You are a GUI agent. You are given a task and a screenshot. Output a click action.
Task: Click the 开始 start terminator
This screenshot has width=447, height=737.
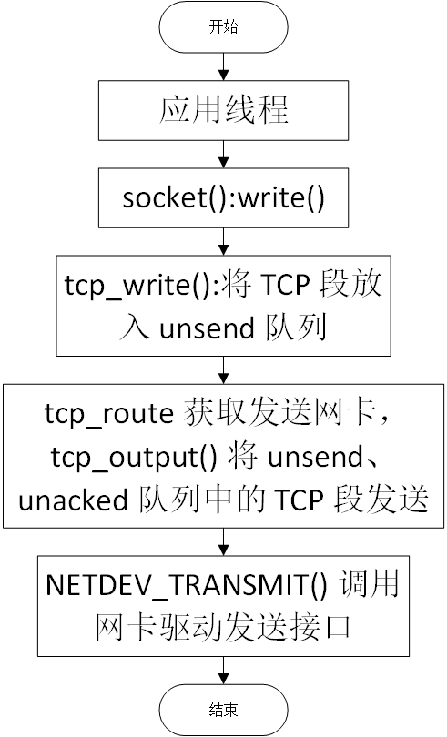pyautogui.click(x=224, y=26)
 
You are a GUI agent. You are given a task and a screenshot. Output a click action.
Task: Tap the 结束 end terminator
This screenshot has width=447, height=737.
pyautogui.click(x=224, y=710)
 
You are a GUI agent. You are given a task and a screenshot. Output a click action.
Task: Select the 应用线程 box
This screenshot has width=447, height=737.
pyautogui.click(x=224, y=110)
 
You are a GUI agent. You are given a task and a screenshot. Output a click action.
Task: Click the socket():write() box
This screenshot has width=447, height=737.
pyautogui.click(x=224, y=197)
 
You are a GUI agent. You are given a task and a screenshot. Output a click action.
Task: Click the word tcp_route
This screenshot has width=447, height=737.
pyautogui.click(x=109, y=414)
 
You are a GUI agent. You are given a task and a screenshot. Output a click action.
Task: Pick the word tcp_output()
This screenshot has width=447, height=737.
pyautogui.click(x=135, y=457)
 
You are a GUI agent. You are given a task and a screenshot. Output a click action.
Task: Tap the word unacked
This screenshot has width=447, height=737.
pyautogui.click(x=73, y=500)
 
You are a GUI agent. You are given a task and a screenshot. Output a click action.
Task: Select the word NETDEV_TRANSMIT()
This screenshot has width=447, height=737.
pyautogui.click(x=187, y=585)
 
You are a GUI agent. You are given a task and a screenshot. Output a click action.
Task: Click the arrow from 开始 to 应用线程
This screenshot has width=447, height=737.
pyautogui.click(x=224, y=66)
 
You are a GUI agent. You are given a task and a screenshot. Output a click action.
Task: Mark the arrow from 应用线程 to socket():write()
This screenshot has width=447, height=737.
pyautogui.click(x=224, y=154)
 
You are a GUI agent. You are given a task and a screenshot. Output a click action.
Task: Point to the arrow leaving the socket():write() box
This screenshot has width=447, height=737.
pyautogui.click(x=224, y=242)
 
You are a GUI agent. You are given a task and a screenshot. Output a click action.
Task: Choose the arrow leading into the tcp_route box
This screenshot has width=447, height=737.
pyautogui.click(x=224, y=370)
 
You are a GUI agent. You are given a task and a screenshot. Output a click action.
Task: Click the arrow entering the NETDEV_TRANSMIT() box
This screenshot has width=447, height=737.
pyautogui.click(x=224, y=542)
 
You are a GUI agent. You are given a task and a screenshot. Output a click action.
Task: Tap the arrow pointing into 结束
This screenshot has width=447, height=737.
pyautogui.click(x=224, y=671)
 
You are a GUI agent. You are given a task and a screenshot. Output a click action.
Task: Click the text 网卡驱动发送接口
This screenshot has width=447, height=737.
pyautogui.click(x=223, y=629)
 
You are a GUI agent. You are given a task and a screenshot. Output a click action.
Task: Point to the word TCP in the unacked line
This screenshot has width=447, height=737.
pyautogui.click(x=300, y=500)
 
